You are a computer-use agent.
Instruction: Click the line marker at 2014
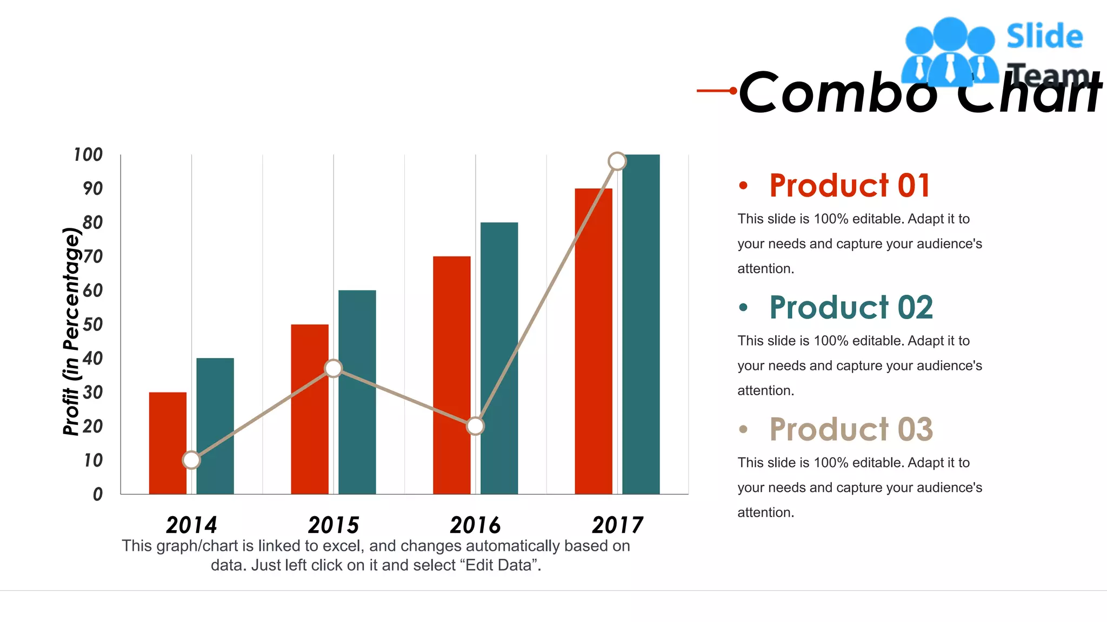191,460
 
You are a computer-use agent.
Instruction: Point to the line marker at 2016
475,426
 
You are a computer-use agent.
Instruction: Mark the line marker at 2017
617,161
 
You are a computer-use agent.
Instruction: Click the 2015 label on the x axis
334,525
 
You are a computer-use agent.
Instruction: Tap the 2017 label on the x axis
617,525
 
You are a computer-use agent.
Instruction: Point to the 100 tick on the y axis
88,155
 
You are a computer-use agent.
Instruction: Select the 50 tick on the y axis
92,324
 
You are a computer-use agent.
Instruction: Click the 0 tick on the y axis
98,494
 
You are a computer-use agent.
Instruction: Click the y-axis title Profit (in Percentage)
71,331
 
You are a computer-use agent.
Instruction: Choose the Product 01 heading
850,186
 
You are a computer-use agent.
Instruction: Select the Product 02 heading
851,308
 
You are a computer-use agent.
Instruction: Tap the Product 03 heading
851,430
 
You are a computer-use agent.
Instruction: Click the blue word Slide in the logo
1044,37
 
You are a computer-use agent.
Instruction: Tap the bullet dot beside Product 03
743,430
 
